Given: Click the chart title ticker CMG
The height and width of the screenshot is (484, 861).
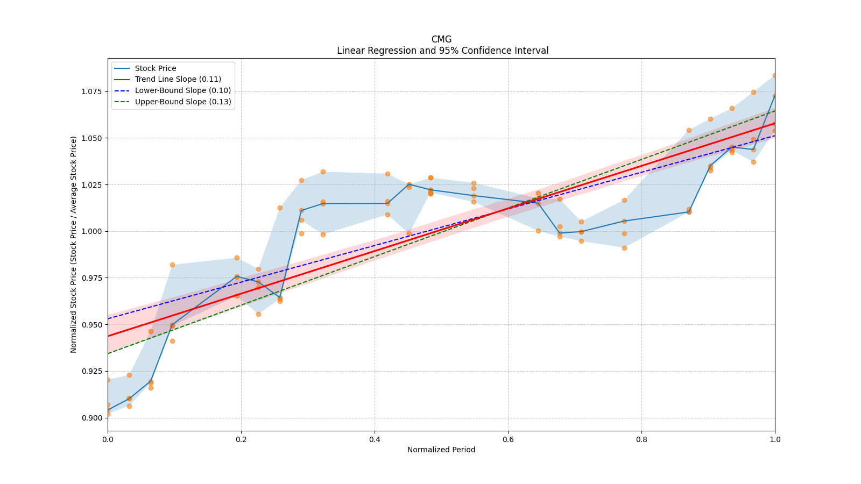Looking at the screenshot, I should [441, 39].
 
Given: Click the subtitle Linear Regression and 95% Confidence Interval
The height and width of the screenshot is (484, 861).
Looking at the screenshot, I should [442, 51].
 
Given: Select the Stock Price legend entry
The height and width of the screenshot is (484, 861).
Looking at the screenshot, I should [156, 68].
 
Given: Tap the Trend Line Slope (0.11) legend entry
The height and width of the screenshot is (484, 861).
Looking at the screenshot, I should [178, 80].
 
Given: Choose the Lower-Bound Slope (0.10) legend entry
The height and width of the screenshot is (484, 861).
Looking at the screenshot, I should [183, 90].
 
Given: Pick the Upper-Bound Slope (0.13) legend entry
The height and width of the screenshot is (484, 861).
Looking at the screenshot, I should [183, 102].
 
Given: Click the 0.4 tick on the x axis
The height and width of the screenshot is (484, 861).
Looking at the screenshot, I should [375, 439].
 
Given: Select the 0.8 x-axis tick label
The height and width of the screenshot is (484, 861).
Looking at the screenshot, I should [641, 439].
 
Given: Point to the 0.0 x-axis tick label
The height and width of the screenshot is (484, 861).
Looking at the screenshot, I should [108, 439].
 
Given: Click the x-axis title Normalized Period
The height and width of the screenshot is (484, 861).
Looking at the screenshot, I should [441, 450].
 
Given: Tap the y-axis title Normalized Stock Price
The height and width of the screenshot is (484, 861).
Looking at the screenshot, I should [74, 244].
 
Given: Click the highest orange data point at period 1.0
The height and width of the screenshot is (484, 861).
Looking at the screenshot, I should [774, 76].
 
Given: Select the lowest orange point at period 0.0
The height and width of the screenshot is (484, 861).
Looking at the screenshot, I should [108, 414].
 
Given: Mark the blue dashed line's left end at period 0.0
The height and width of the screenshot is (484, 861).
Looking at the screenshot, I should [108, 319].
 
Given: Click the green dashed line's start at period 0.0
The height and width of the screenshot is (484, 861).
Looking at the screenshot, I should [108, 353].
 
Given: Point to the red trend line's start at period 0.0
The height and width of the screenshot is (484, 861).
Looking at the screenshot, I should [108, 336].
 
